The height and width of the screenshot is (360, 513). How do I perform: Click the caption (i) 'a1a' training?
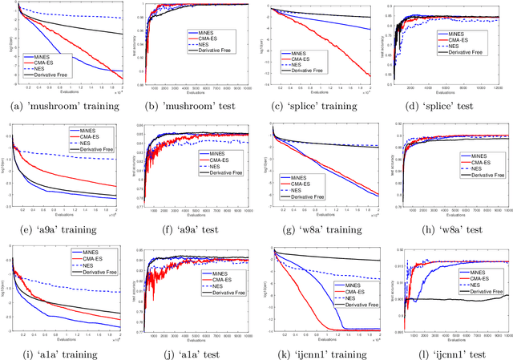click(64, 353)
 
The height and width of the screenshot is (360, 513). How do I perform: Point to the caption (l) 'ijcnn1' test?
click(449, 353)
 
